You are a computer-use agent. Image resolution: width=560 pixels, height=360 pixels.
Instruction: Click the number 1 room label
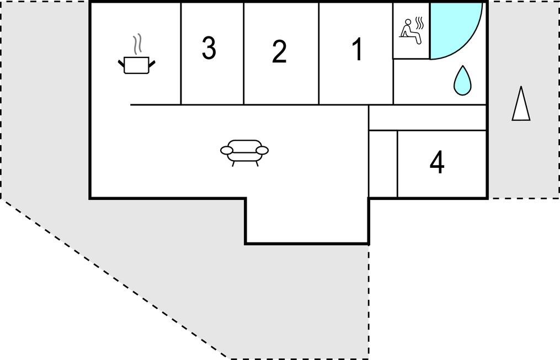pos(358,49)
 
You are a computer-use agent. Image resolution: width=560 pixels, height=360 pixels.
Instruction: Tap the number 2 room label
pos(279,52)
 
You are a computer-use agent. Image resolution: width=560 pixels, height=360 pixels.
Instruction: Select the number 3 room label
pos(209,47)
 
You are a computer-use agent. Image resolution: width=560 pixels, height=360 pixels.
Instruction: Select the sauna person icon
pos(410,33)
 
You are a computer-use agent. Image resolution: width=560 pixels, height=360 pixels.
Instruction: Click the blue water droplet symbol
pos(462,80)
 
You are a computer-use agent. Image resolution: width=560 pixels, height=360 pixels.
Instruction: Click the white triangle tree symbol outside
pos(521,104)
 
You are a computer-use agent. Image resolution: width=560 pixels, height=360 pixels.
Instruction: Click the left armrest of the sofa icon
pos(227,151)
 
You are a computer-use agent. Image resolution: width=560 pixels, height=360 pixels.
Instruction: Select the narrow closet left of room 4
pos(383,163)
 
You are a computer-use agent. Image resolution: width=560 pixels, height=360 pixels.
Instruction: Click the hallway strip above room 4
pos(427,118)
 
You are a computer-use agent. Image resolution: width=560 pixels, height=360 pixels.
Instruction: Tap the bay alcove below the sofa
pos(307,220)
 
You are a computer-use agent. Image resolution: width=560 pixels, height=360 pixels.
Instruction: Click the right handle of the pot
pos(152,64)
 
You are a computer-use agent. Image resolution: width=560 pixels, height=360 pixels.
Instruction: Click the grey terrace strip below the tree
pos(523,159)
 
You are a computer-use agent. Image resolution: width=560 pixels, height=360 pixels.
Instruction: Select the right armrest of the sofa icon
pos(262,151)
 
